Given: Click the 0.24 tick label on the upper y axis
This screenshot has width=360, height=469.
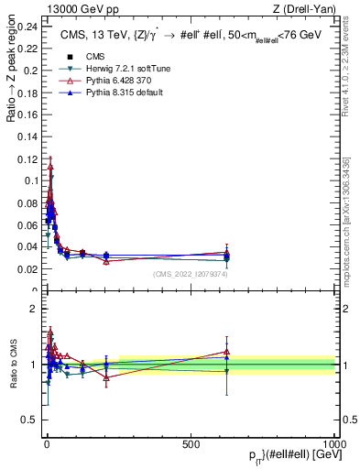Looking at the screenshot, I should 27,27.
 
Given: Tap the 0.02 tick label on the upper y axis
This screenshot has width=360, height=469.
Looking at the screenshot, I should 27,268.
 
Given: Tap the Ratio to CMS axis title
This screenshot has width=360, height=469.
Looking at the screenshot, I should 10,364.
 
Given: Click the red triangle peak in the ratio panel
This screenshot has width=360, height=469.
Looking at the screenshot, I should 50,332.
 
